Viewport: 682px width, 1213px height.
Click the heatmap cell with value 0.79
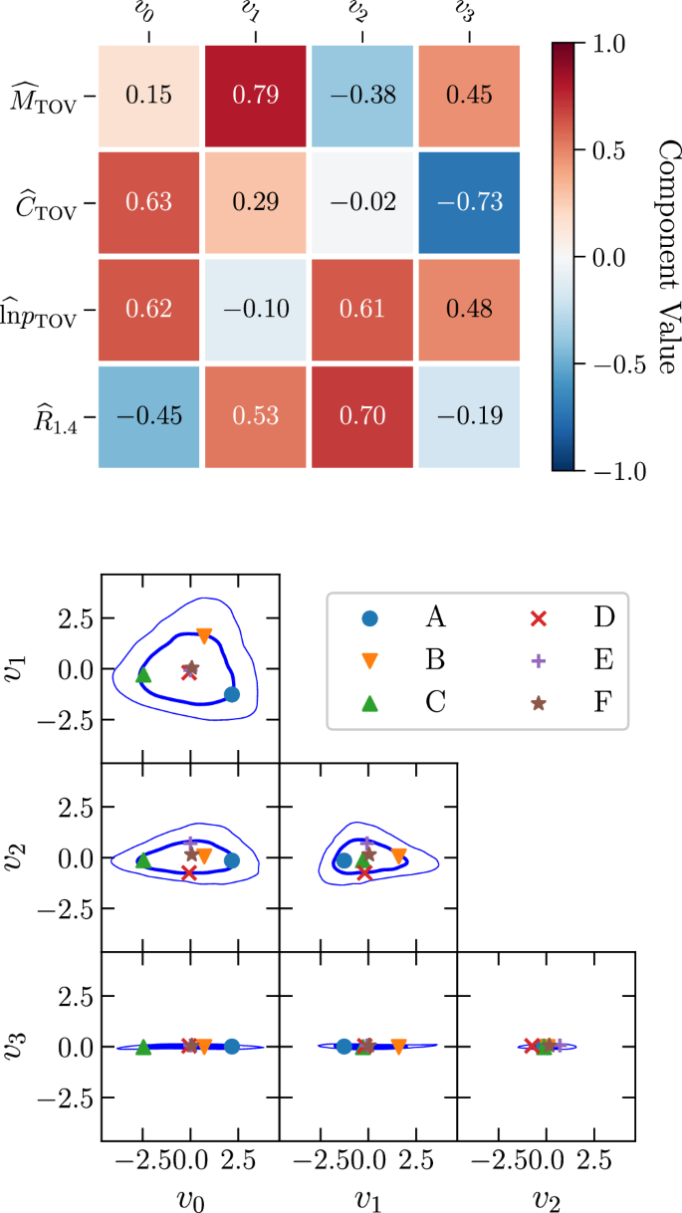click(257, 96)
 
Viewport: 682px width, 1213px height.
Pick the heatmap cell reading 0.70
click(363, 413)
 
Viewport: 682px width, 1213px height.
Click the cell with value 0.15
click(150, 96)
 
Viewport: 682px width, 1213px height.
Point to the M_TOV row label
click(47, 97)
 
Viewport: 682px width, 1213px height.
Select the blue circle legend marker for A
click(370, 618)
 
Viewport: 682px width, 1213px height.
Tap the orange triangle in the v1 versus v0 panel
click(205, 634)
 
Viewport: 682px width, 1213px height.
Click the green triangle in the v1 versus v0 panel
click(143, 675)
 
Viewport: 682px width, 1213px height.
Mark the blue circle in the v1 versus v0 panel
click(232, 694)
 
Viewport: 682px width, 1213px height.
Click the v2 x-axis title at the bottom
click(546, 1193)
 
